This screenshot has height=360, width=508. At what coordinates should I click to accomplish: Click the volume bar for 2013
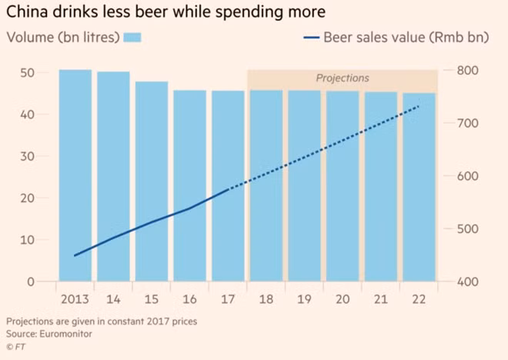[x=75, y=175]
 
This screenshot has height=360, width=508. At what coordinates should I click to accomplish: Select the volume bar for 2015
[x=152, y=182]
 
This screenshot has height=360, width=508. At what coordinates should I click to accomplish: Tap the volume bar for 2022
[x=419, y=187]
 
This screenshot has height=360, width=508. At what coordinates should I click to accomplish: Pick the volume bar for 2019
[x=304, y=185]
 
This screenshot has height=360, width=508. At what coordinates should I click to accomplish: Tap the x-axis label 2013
[x=75, y=298]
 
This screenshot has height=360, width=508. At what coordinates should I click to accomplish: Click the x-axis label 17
[x=228, y=298]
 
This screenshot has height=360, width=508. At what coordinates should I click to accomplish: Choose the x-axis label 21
[x=380, y=298]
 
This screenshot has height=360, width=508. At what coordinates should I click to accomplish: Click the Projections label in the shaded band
[x=343, y=78]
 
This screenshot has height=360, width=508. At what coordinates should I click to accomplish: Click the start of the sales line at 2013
[x=75, y=255]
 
